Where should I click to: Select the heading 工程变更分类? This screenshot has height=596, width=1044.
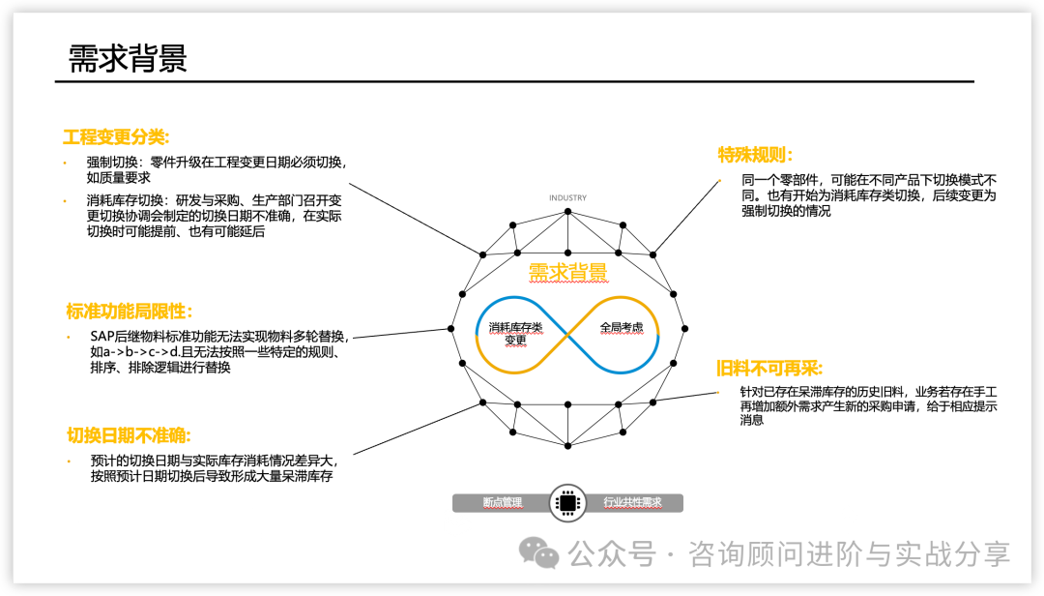coord(116,137)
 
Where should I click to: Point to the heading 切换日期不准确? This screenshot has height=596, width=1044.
coord(128,435)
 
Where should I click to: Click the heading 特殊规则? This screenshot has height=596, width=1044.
coord(755,155)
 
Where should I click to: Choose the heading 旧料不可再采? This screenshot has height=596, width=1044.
coord(768,369)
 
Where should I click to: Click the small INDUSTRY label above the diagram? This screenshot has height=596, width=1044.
coord(567,198)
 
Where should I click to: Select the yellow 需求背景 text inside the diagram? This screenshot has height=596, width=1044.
coord(568,273)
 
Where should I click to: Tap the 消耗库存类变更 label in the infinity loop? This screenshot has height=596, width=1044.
coord(515,334)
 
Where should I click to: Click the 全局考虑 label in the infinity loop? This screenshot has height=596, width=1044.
coord(622,327)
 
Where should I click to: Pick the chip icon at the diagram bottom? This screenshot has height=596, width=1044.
coord(567,503)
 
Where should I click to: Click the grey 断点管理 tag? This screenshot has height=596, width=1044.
coord(503,503)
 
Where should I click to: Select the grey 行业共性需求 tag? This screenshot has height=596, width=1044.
coord(633,503)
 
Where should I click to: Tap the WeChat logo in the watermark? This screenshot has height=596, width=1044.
coord(539,553)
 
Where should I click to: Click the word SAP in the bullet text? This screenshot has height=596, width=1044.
coord(102,337)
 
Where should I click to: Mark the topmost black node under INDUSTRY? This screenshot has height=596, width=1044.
coord(567,210)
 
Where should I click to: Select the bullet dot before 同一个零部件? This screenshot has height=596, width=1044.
coord(719,181)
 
